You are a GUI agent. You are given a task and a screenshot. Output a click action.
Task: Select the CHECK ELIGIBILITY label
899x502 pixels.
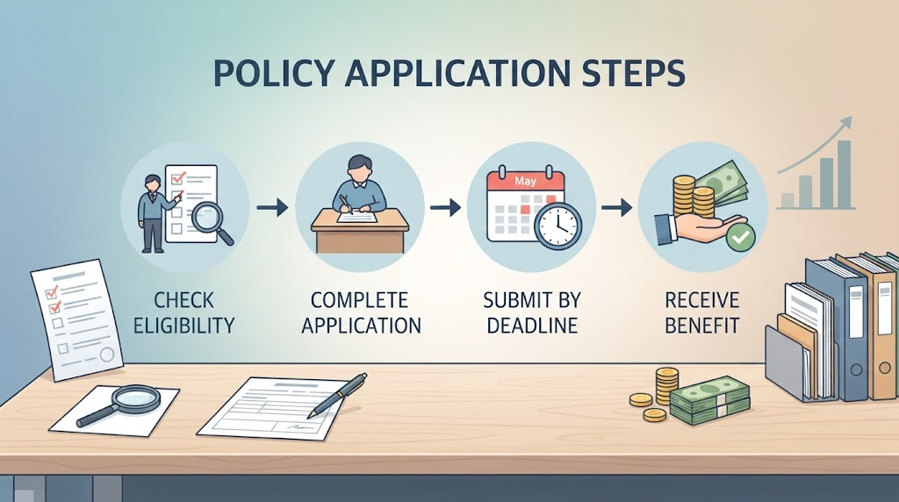pyautogui.click(x=184, y=313)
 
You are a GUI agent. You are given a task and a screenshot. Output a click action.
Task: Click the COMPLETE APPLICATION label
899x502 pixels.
pyautogui.click(x=361, y=313)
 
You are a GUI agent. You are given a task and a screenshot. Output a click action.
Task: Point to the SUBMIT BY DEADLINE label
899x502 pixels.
pyautogui.click(x=532, y=313)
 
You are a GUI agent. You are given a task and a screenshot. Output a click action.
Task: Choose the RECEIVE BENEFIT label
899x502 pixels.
pyautogui.click(x=702, y=313)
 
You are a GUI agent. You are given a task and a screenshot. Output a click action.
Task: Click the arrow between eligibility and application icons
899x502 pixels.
pyautogui.click(x=272, y=207)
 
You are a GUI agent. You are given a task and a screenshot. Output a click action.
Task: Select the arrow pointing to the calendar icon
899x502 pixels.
pyautogui.click(x=445, y=207)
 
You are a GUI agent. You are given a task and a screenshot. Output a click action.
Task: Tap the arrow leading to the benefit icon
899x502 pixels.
pyautogui.click(x=617, y=207)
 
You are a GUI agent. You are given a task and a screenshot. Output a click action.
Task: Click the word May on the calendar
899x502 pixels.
pyautogui.click(x=525, y=181)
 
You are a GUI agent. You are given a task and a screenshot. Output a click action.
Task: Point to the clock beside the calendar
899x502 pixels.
pyautogui.click(x=557, y=226)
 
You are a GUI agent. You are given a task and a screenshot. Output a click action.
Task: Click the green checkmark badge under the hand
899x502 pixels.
pyautogui.click(x=741, y=237)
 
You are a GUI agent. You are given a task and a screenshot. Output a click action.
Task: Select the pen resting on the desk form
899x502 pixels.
pyautogui.click(x=337, y=395)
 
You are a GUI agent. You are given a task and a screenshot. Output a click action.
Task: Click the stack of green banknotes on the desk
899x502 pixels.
pyautogui.click(x=709, y=399)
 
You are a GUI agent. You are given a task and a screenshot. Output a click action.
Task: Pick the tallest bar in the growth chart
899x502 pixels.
pyautogui.click(x=844, y=175)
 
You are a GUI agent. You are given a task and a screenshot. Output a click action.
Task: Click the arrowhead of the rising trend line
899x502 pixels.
pyautogui.click(x=845, y=124)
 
